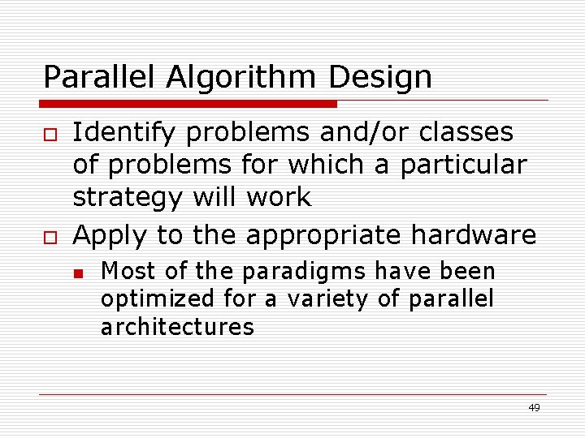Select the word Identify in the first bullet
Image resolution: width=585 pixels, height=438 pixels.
coord(123,132)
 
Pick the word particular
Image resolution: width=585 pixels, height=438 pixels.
coord(459,165)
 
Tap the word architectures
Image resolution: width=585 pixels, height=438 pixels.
coord(177,328)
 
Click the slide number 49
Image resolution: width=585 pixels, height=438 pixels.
coord(534,408)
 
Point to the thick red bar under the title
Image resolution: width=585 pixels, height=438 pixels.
coord(188,104)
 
